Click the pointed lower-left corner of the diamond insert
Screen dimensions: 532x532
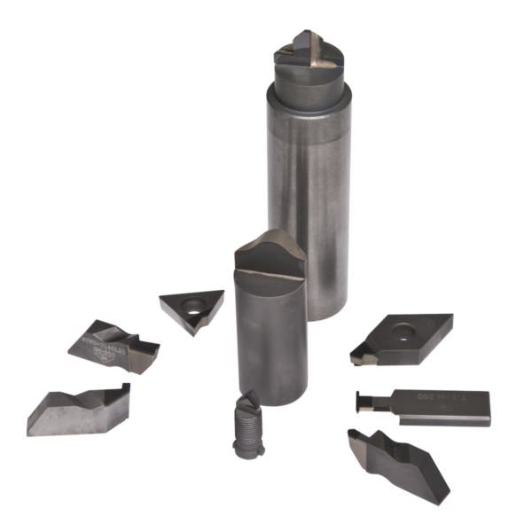coord(354,360)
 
